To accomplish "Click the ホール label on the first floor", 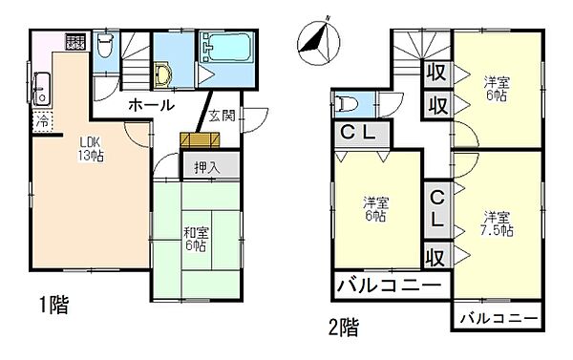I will (x=149, y=104).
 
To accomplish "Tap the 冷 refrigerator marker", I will (x=43, y=121).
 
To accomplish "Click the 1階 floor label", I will (x=53, y=307).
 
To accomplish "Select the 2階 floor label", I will (x=345, y=328).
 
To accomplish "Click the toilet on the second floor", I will (x=350, y=103).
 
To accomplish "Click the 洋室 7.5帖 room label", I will (x=497, y=222).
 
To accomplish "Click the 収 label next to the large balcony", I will (x=435, y=256).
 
